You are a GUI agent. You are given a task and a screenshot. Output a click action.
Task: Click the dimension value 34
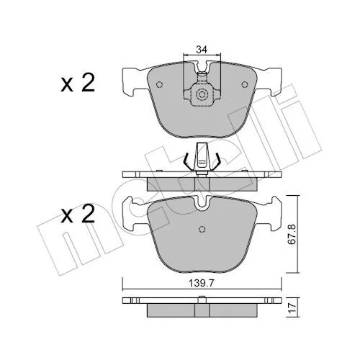(202, 50)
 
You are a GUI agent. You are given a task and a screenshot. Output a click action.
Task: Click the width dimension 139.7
(201, 284)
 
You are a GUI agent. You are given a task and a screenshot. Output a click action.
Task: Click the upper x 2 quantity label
(78, 83)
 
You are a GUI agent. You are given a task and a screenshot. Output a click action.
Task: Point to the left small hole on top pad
(159, 84)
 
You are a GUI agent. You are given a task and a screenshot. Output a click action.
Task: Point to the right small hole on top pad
(245, 84)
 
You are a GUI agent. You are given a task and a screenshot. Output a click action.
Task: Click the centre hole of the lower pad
(202, 229)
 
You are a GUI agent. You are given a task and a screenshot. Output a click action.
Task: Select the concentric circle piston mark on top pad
(202, 95)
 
